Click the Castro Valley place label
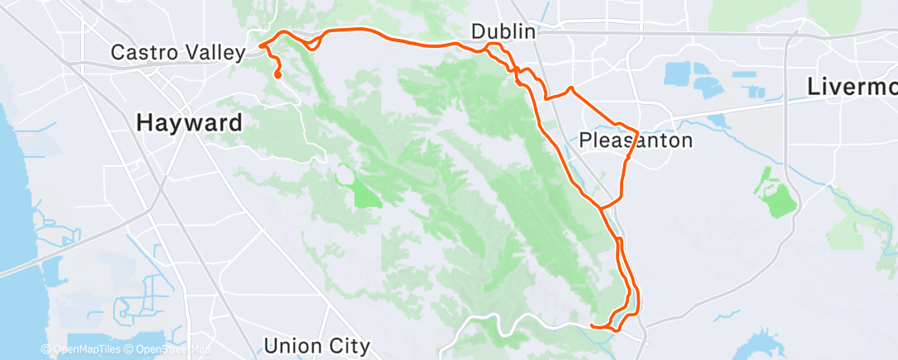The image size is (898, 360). coord(178,54)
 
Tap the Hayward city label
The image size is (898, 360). coord(189,123)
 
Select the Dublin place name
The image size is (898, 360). coord(504,32)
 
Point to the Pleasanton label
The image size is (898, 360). coord(635,140)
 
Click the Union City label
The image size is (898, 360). coord(317,345)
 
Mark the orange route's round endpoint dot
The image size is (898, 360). coord(277,76)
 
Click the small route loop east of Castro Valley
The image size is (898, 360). coord(312,43)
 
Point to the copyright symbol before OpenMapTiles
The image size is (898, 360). coord(46,350)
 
